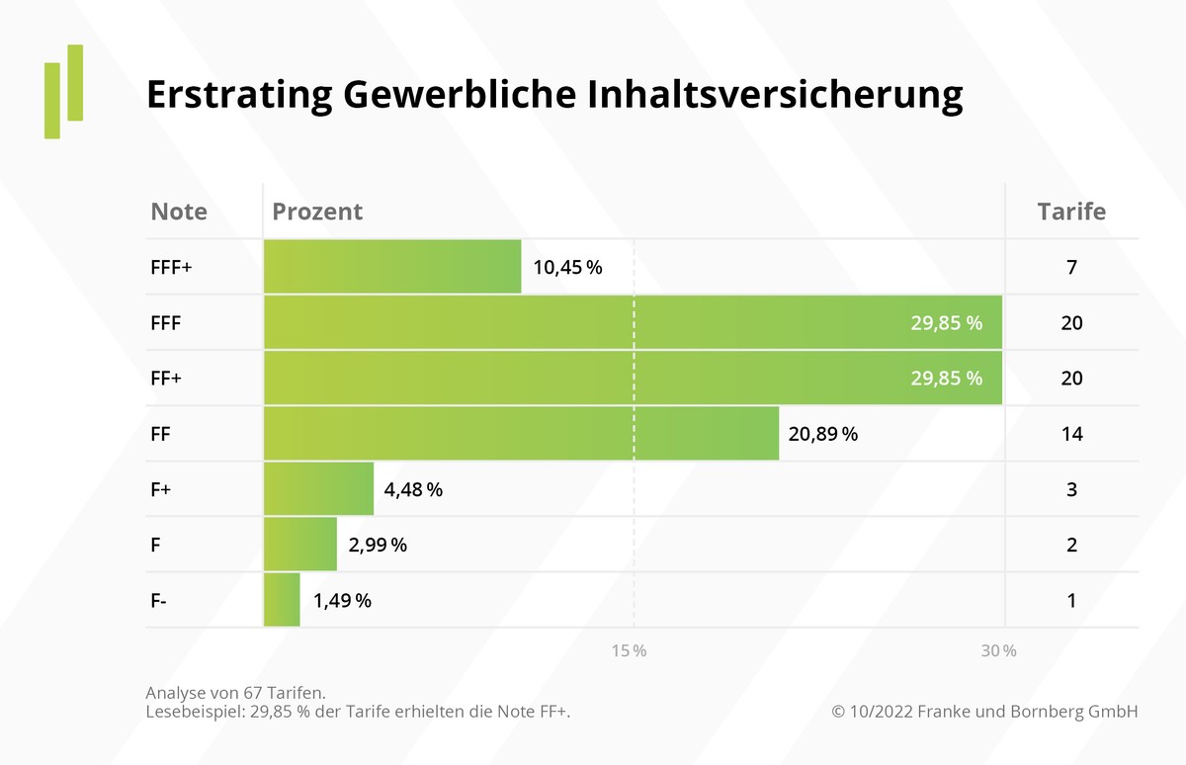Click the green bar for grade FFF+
[x=392, y=267]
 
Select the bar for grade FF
[x=521, y=433]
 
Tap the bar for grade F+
[x=318, y=488]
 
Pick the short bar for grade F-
[x=282, y=600]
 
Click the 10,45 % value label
[x=567, y=267]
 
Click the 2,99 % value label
[x=377, y=545]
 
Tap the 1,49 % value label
[x=342, y=600]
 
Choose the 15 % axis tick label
[x=629, y=651]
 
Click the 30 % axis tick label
[x=998, y=651]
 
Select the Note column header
[x=179, y=212]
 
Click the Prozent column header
[x=317, y=212]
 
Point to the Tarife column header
[x=1071, y=212]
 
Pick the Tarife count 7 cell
[x=1071, y=267]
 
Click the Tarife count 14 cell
[x=1071, y=433]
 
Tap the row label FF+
[x=165, y=378]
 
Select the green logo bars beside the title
[x=63, y=91]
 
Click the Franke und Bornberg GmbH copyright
[x=984, y=711]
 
